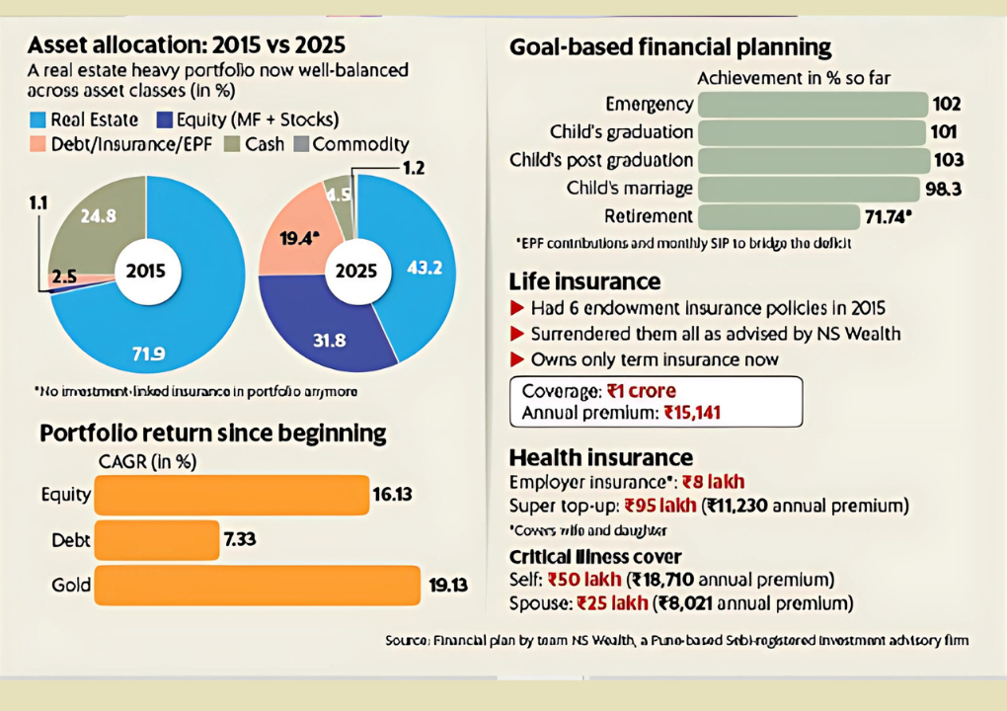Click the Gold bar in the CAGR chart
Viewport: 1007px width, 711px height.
click(257, 586)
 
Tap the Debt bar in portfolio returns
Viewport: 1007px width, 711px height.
click(156, 540)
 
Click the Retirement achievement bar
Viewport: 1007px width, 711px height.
click(778, 216)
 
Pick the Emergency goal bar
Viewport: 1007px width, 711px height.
click(813, 105)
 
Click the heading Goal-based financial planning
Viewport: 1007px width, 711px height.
click(670, 47)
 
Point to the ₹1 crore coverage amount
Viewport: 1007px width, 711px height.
click(641, 390)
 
